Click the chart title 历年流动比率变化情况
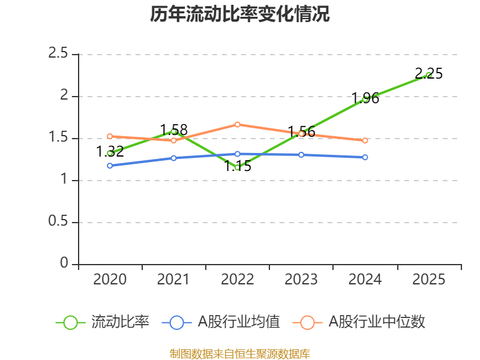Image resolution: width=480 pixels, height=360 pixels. [240, 14]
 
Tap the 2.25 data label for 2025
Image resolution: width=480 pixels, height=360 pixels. [428, 74]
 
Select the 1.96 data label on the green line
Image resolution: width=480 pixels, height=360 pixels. [365, 98]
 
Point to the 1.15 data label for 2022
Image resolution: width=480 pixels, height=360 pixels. [238, 166]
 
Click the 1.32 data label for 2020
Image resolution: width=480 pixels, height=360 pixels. [110, 151]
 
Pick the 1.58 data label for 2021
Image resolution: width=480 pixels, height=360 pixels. [173, 130]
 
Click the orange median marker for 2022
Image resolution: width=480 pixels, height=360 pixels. [238, 124]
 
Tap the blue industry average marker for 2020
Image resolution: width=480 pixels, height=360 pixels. [110, 166]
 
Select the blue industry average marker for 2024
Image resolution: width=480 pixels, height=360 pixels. [365, 157]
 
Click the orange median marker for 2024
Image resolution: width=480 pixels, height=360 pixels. [365, 140]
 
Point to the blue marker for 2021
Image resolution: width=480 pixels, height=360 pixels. [173, 158]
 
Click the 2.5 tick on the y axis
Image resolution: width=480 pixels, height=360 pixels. [58, 54]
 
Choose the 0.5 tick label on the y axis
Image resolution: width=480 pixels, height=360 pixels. [58, 222]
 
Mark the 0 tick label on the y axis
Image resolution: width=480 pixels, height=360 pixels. [64, 264]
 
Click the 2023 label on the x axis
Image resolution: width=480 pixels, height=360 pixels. [301, 280]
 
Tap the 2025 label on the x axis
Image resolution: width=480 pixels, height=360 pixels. [428, 280]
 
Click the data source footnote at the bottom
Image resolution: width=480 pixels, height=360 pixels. [240, 353]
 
